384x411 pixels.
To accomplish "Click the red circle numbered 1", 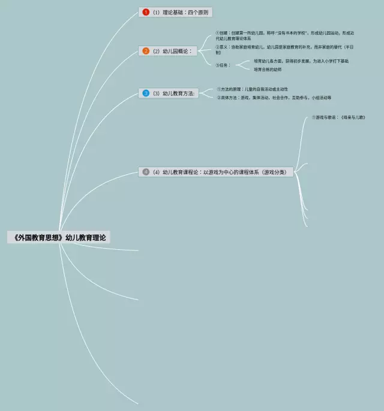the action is click(x=146, y=12).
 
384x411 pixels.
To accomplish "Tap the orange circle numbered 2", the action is click(x=146, y=51).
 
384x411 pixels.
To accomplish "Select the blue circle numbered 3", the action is click(x=146, y=93).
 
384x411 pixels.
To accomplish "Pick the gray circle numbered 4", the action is click(x=146, y=172).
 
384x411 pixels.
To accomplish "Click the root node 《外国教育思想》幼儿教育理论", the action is click(x=59, y=237).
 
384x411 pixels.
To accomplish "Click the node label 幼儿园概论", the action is click(x=176, y=51).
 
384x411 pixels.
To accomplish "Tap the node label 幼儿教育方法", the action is click(x=179, y=93).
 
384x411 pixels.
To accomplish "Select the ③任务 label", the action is click(x=223, y=65).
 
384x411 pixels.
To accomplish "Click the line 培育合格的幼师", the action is click(x=267, y=69).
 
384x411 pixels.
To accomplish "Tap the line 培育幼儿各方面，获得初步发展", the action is click(x=301, y=61).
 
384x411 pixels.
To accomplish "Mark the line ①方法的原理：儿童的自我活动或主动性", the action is click(x=253, y=89).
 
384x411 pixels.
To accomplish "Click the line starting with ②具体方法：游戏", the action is click(x=274, y=98).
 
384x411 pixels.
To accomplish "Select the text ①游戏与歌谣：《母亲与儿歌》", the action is click(x=338, y=117).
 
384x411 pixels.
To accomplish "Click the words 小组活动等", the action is click(x=322, y=98).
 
